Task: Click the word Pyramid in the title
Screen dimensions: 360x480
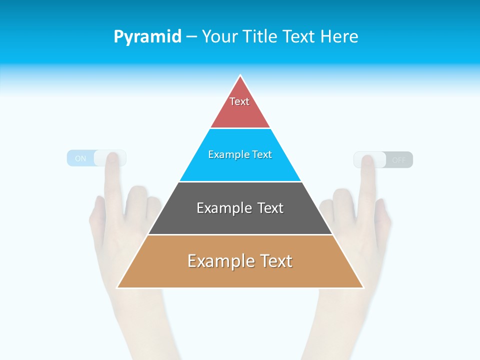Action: (147, 37)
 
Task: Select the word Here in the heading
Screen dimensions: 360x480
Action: (339, 37)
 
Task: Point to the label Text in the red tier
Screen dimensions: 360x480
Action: (239, 101)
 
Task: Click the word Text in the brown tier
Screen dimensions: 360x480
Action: (273, 261)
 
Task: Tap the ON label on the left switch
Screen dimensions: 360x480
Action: (80, 159)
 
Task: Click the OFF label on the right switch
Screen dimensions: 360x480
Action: (399, 160)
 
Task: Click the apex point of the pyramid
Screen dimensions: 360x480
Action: (240, 76)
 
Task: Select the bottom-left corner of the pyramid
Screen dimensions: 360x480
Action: (118, 287)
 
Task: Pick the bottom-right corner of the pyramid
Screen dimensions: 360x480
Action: (363, 287)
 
